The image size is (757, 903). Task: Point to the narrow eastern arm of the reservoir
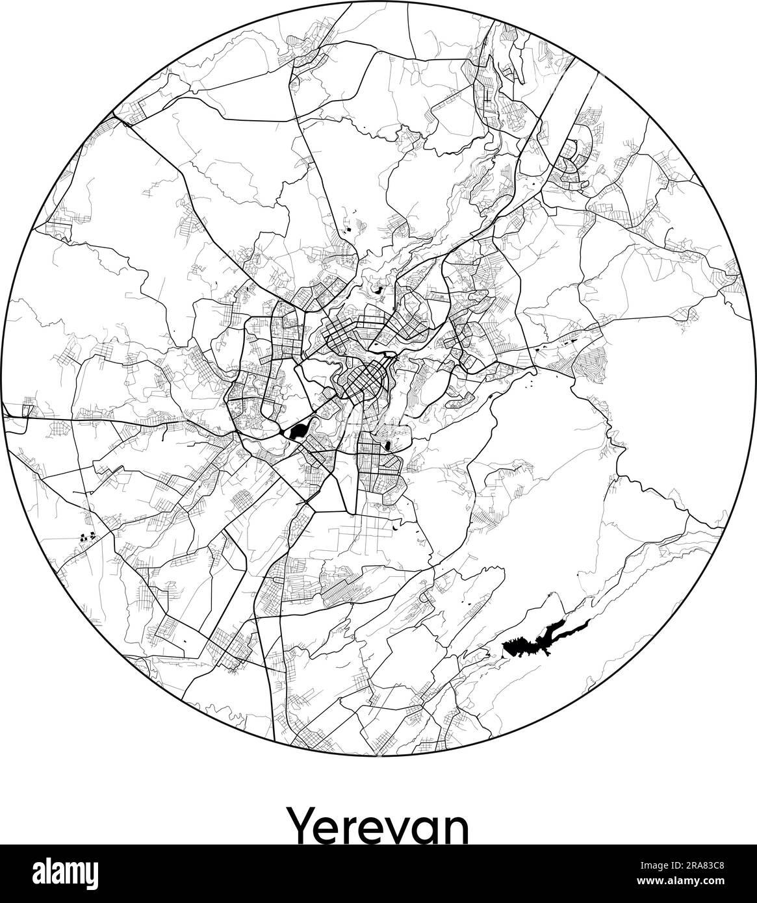(572, 627)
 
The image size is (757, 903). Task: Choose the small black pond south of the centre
(388, 446)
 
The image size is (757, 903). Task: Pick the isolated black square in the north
(348, 228)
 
